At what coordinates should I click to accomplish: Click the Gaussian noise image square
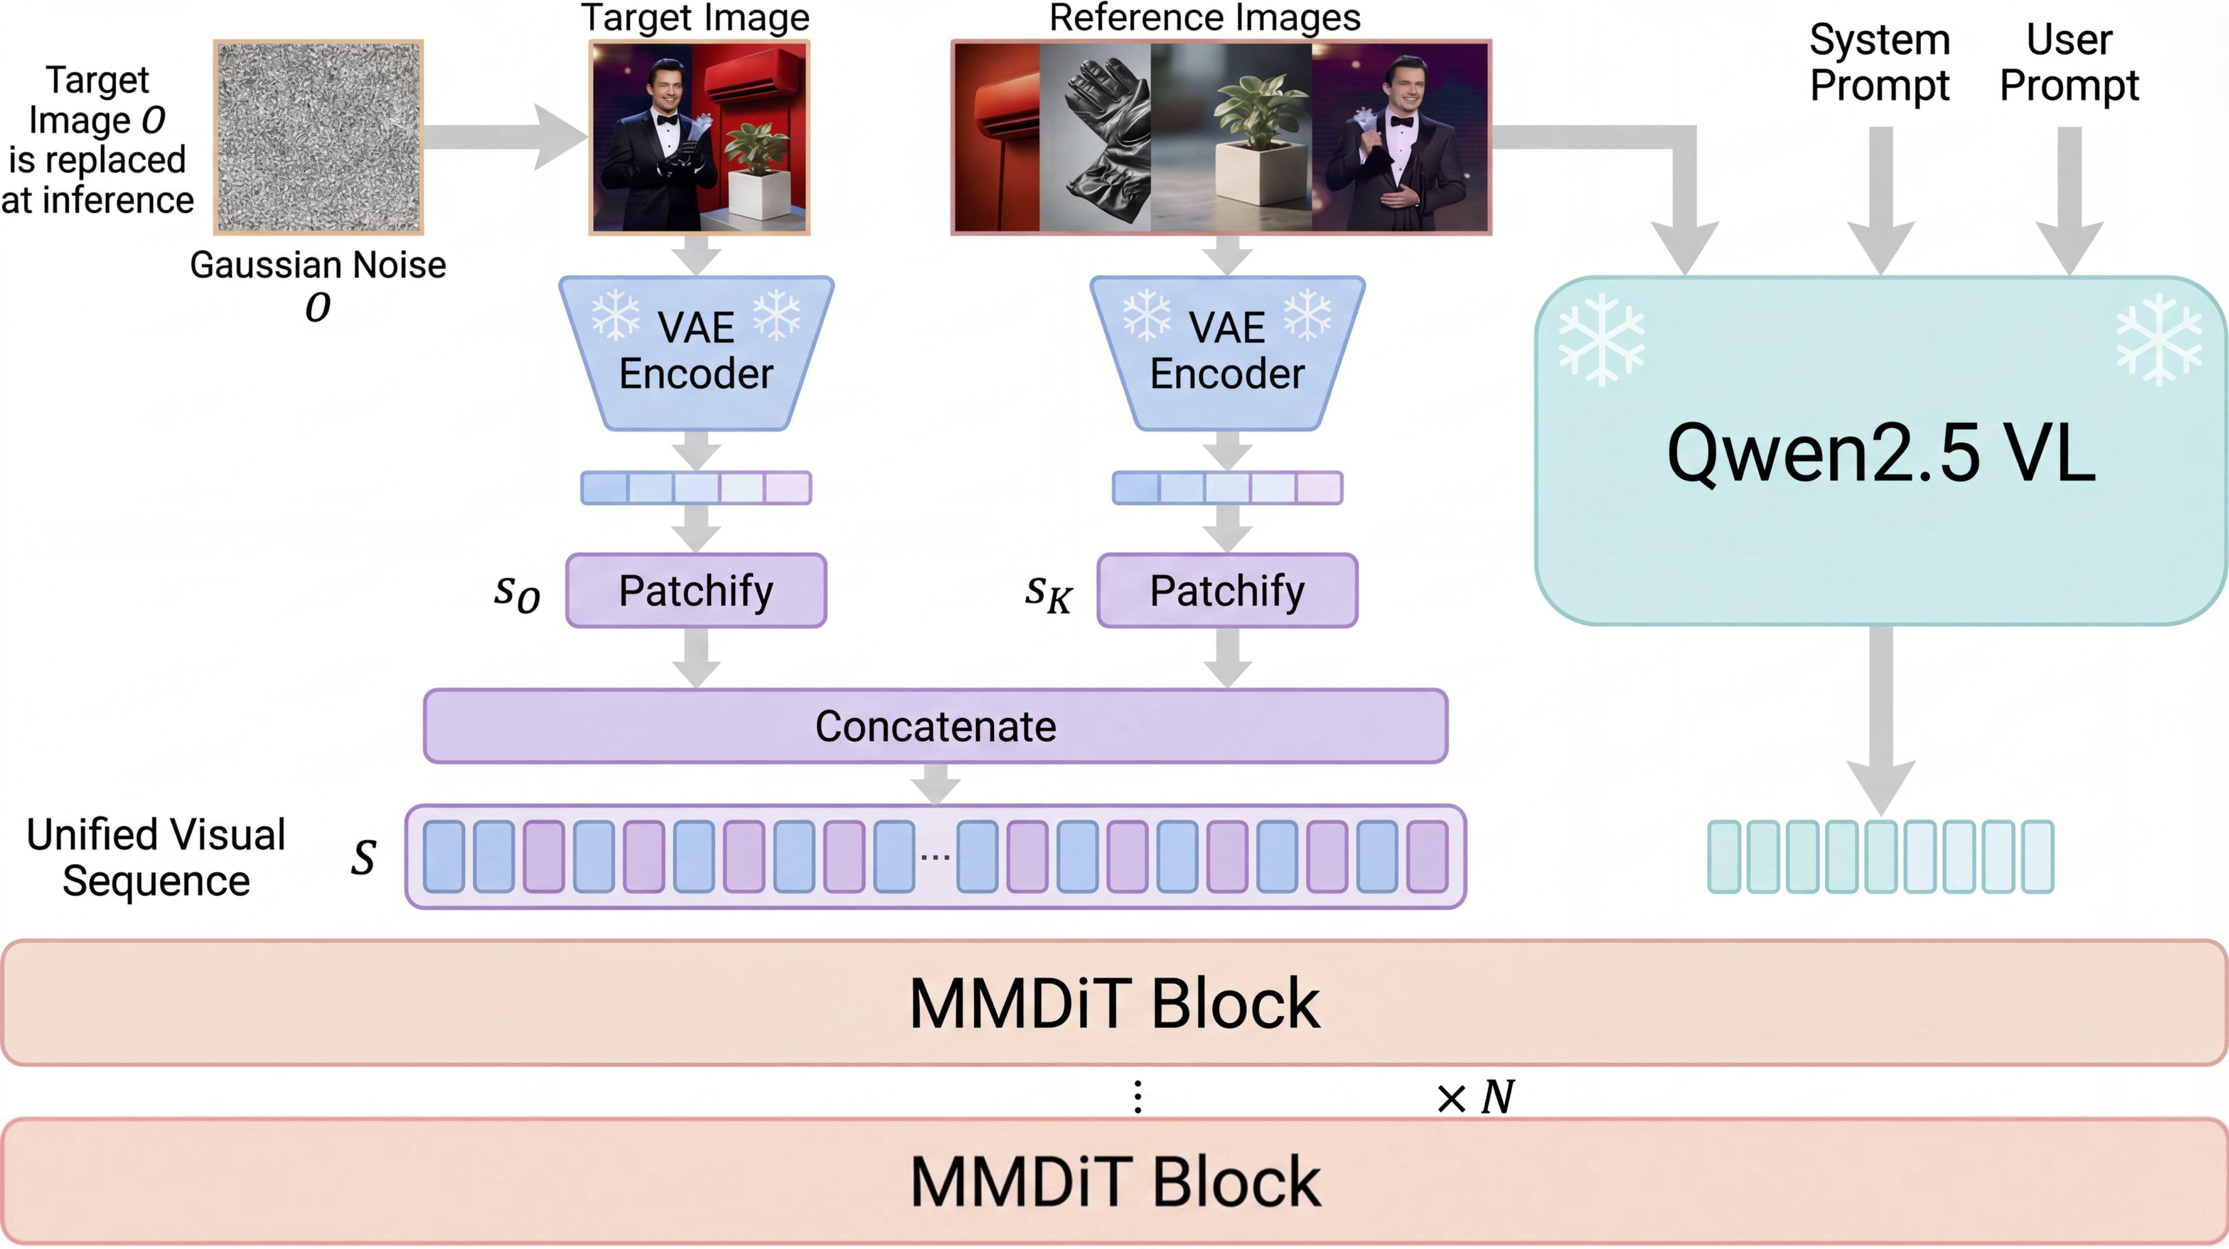click(x=318, y=137)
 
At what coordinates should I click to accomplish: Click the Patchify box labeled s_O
click(x=696, y=590)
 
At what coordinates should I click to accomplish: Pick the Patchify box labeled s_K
click(x=1227, y=590)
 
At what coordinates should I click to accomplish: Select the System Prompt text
click(x=1879, y=62)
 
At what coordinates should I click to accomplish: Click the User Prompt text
click(x=2069, y=62)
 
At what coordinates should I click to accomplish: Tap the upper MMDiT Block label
click(x=1115, y=1003)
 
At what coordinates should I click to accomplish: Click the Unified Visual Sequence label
click(x=156, y=857)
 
